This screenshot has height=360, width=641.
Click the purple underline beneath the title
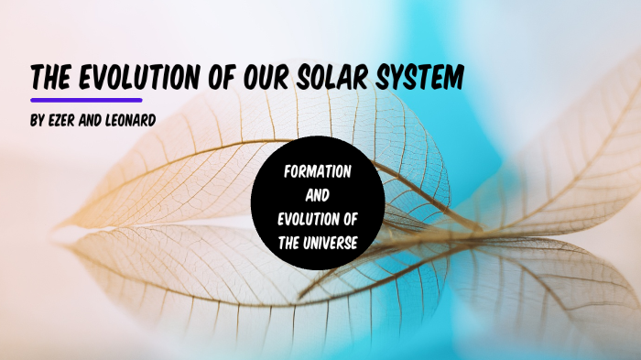[x=86, y=99]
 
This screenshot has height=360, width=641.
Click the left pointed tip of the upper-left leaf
[x=60, y=223]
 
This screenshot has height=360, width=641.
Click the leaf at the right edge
[x=586, y=156]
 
